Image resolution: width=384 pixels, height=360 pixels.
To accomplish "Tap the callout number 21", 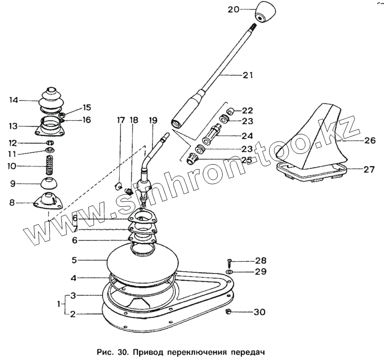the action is pyautogui.click(x=248, y=75).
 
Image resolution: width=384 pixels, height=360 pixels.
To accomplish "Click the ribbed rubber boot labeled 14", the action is pyautogui.click(x=50, y=101).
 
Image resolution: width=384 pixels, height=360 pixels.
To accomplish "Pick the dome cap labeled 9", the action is pyautogui.click(x=49, y=184).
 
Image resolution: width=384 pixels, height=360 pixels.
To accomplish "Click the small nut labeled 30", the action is pyautogui.click(x=228, y=312).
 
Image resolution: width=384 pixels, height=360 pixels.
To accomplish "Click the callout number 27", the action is pyautogui.click(x=369, y=170).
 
